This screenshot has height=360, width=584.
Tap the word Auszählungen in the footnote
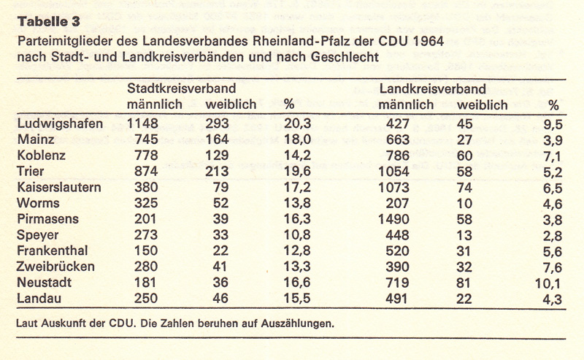(x=299, y=322)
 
